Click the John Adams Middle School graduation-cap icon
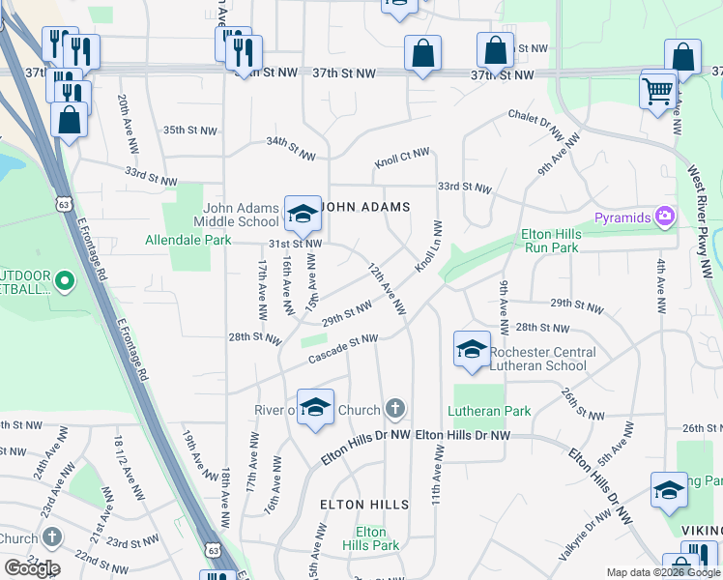pyautogui.click(x=303, y=213)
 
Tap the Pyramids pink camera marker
pyautogui.click(x=664, y=217)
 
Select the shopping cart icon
pyautogui.click(x=658, y=93)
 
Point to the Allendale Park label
pyautogui.click(x=188, y=240)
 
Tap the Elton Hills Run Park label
pyautogui.click(x=550, y=241)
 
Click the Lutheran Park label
pyautogui.click(x=490, y=411)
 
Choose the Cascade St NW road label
pyautogui.click(x=342, y=349)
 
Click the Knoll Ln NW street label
pyautogui.click(x=430, y=246)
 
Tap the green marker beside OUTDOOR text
pyautogui.click(x=65, y=282)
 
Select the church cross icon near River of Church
pyautogui.click(x=394, y=410)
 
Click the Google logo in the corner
pyautogui.click(x=32, y=567)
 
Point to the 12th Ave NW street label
pyautogui.click(x=386, y=288)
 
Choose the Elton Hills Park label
pyautogui.click(x=371, y=539)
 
